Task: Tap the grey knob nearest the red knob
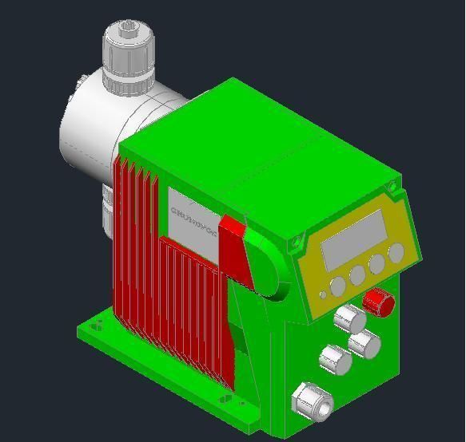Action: point(349,318)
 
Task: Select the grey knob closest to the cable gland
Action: point(335,359)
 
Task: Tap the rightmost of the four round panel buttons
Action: point(396,253)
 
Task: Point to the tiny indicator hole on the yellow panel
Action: point(323,294)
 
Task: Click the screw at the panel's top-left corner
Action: point(297,239)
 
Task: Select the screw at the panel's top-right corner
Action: point(392,186)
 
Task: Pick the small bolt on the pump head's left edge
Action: point(82,80)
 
